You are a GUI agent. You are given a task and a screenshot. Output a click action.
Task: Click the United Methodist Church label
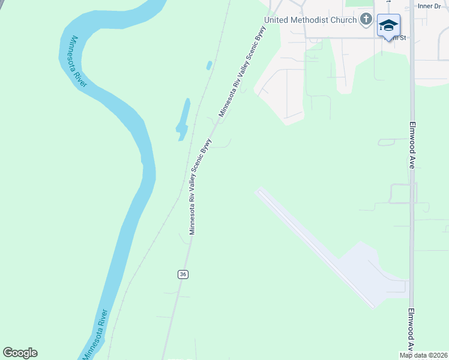310,20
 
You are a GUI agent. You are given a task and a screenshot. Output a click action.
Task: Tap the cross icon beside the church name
366,20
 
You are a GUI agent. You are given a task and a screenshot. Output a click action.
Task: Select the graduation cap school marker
388,26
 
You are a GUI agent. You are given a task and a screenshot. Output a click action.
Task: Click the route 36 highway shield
183,274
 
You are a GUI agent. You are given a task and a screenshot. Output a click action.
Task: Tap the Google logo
20,353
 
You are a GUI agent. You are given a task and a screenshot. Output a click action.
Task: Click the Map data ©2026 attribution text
423,355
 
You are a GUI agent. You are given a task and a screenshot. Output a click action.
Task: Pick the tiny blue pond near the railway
209,65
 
